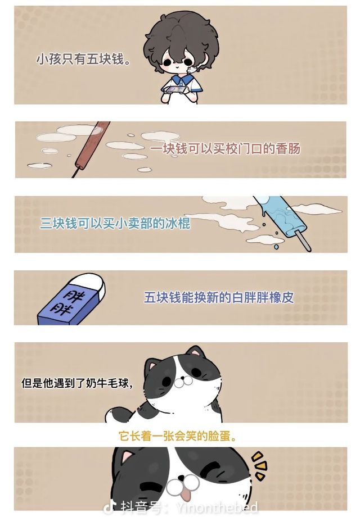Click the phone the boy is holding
177,89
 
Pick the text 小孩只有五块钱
83,60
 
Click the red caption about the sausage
224,148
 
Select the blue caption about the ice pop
115,224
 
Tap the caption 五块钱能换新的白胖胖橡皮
219,297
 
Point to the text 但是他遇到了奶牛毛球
77,383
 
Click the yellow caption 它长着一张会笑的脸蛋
178,437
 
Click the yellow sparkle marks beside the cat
260,465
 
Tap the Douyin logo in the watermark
109,508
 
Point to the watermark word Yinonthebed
217,507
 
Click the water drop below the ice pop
276,247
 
